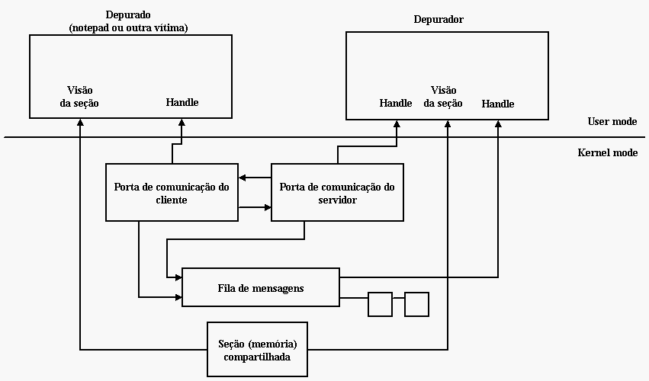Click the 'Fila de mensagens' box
(x=261, y=287)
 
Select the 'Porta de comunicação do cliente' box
(x=172, y=193)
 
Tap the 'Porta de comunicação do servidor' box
(x=337, y=193)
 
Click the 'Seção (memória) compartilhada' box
(x=257, y=350)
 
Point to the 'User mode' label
(x=612, y=121)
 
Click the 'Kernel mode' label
(x=608, y=152)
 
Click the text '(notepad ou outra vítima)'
(x=128, y=27)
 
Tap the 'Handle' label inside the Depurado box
(x=182, y=102)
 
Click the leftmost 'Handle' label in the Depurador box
(x=396, y=103)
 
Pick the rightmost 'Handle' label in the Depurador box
(x=498, y=104)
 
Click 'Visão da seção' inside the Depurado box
(x=79, y=95)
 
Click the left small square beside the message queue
(x=380, y=304)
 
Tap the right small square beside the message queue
(x=416, y=304)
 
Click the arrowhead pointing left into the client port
(x=242, y=178)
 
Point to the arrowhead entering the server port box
(x=267, y=207)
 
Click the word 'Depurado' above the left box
(x=128, y=15)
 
